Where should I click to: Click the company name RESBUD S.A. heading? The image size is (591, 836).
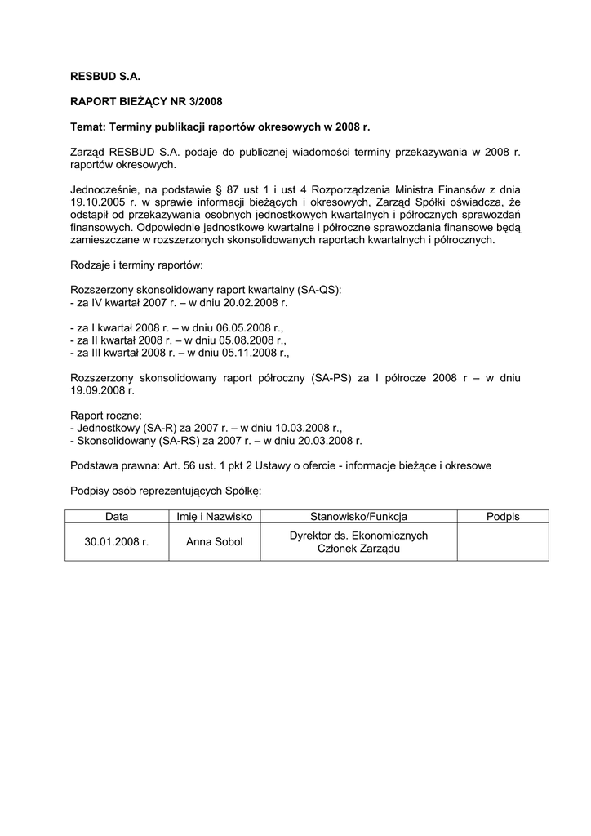106,75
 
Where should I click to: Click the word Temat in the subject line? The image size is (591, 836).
87,127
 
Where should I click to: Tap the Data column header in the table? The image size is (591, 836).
117,517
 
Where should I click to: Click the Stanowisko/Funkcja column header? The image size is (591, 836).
358,517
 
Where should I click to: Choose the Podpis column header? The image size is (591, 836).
503,517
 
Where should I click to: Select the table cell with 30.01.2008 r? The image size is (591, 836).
117,542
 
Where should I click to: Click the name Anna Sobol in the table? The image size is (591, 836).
215,542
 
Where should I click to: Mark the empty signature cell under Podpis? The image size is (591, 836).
503,542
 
